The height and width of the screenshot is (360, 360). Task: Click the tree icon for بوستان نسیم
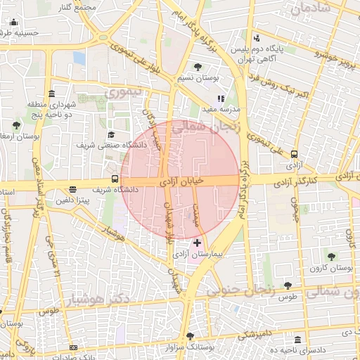(198, 67)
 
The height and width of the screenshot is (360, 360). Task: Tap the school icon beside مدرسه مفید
(220, 99)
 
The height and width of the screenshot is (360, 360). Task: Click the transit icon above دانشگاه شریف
(115, 179)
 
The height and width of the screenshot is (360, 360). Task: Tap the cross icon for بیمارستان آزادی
(197, 243)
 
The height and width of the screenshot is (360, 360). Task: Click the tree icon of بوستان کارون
(330, 257)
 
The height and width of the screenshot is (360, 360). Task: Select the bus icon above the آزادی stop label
(294, 155)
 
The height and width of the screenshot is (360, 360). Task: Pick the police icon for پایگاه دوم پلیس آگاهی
(257, 38)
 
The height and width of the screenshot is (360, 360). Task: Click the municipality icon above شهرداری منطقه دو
(51, 94)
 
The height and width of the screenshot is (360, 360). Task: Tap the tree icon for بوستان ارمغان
(16, 125)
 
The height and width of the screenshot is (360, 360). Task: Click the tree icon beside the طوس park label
(288, 285)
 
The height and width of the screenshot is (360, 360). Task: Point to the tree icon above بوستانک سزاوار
(189, 336)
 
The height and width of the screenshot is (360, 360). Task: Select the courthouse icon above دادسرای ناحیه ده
(300, 339)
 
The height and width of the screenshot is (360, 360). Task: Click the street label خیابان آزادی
(182, 181)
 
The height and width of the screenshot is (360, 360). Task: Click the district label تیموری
(123, 92)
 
